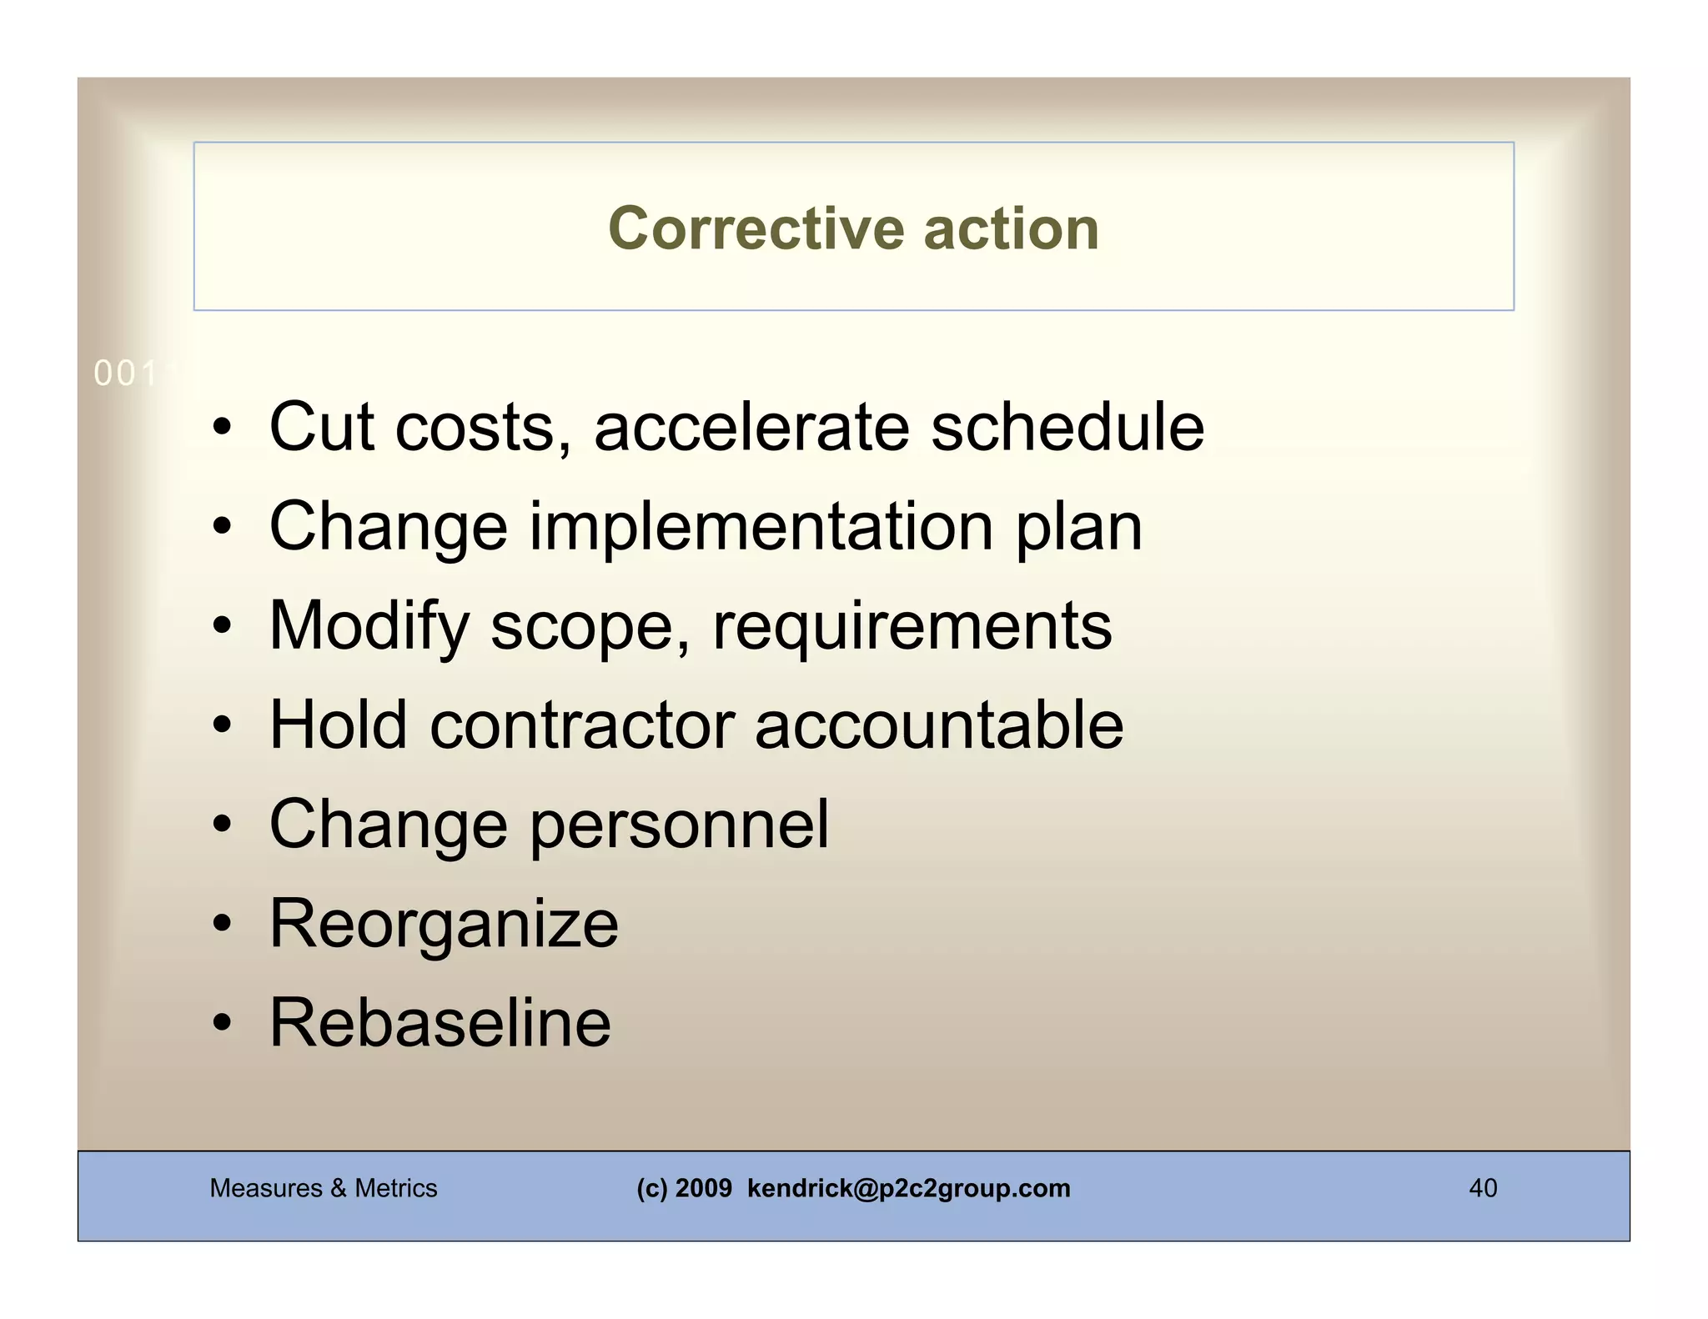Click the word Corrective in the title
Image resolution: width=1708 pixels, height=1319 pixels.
pyautogui.click(x=756, y=228)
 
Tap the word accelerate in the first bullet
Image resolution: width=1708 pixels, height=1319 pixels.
pyautogui.click(x=751, y=427)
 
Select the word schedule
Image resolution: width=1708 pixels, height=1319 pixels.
pyautogui.click(x=1067, y=427)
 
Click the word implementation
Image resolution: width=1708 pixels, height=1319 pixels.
pyautogui.click(x=761, y=527)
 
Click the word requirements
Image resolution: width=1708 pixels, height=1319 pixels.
pyautogui.click(x=912, y=627)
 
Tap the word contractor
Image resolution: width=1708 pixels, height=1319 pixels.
pyautogui.click(x=582, y=725)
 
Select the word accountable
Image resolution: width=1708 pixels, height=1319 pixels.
pyautogui.click(x=939, y=725)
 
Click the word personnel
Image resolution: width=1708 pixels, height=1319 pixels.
pyautogui.click(x=680, y=825)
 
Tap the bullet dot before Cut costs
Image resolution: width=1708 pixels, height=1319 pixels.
pyautogui.click(x=221, y=429)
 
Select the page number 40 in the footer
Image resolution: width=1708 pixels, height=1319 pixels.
pyautogui.click(x=1482, y=1188)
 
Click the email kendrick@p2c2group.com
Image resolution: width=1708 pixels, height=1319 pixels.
pyautogui.click(x=908, y=1188)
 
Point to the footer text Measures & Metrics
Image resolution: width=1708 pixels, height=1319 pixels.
pyautogui.click(x=323, y=1188)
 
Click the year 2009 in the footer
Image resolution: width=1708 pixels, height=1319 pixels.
pyautogui.click(x=703, y=1188)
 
